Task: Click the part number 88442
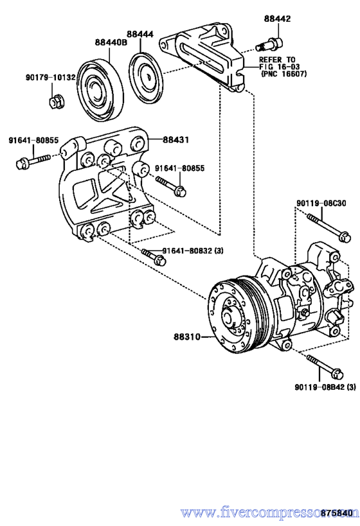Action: coord(277,19)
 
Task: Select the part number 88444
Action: coord(140,34)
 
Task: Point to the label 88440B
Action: coord(111,42)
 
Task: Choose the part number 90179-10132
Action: coord(50,77)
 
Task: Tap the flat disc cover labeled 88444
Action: coord(147,77)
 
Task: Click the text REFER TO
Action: coord(277,60)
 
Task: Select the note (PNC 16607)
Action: coord(283,74)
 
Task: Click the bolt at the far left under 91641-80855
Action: coord(33,161)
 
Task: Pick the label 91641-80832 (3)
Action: coord(193,250)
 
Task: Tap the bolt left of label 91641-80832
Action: coord(154,256)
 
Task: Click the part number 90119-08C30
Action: coord(321,204)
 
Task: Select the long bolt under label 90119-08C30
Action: coord(329,227)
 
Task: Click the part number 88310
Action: coord(186,336)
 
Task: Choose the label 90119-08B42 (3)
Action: coord(325,387)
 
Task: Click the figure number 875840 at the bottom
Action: coord(337,513)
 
